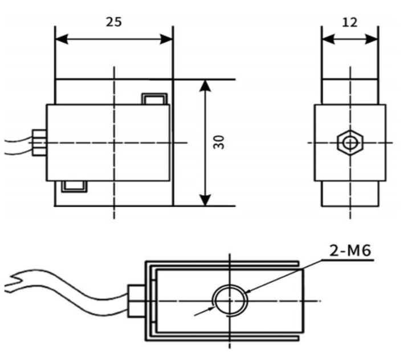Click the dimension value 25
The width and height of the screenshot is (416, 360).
pos(113,22)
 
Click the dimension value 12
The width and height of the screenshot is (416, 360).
pos(349,22)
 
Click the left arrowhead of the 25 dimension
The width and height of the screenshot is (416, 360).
pos(62,39)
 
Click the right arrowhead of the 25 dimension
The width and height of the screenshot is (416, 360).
pos(166,39)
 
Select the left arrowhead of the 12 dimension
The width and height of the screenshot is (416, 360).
pos(328,39)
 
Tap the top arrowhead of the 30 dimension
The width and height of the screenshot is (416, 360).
pos(205,86)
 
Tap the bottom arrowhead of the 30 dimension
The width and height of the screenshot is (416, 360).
pos(205,199)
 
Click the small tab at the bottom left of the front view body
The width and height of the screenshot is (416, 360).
pos(74,185)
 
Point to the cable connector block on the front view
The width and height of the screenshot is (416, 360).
pos(39,142)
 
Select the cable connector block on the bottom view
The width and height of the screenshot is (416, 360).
pos(136,301)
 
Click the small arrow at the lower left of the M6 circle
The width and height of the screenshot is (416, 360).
pos(208,309)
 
